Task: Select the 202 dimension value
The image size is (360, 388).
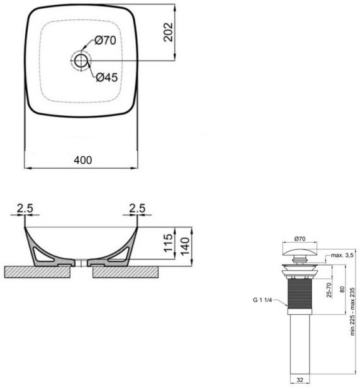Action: [168, 33]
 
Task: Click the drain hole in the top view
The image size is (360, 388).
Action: [81, 60]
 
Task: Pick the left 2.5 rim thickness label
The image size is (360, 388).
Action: [25, 208]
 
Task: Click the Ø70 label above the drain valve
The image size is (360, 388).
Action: [300, 239]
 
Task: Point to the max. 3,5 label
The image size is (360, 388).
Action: [341, 255]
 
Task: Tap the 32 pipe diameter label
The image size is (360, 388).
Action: [299, 380]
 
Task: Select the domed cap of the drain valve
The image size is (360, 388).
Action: [300, 251]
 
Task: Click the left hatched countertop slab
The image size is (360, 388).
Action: [38, 271]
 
